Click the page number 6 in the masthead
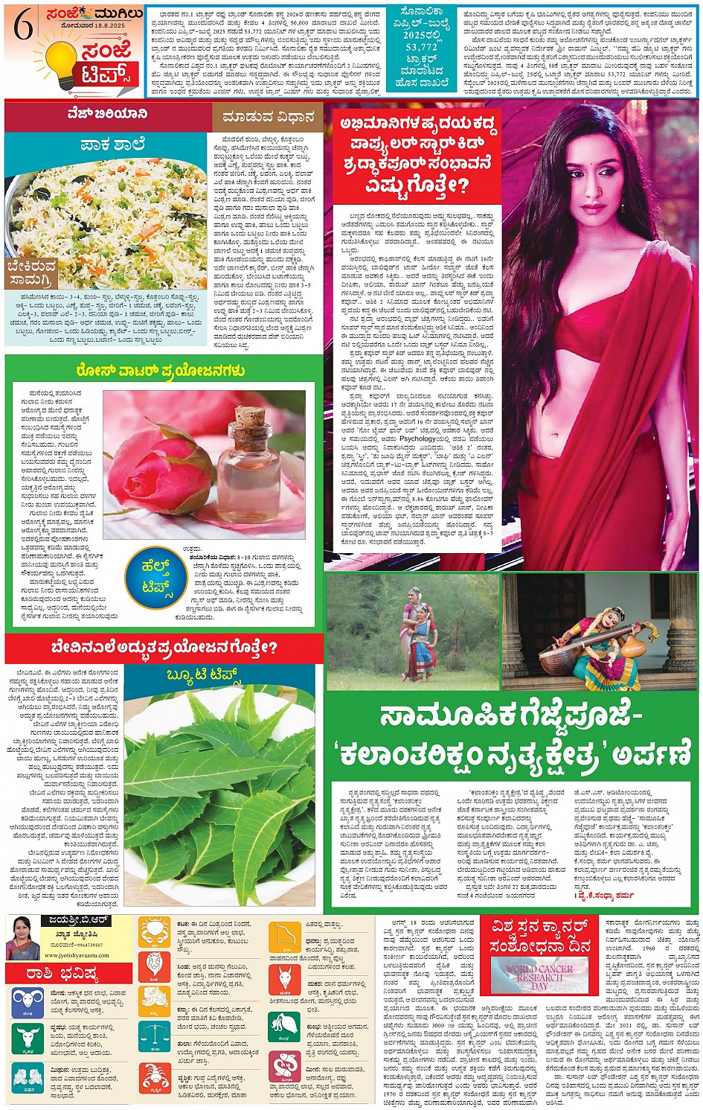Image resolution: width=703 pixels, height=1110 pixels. (23, 28)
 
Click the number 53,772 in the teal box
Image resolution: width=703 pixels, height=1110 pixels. (423, 47)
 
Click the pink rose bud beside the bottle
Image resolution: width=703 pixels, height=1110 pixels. (153, 468)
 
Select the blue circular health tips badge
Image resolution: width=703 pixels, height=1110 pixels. (156, 577)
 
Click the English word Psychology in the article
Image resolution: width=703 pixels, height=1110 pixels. (418, 438)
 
